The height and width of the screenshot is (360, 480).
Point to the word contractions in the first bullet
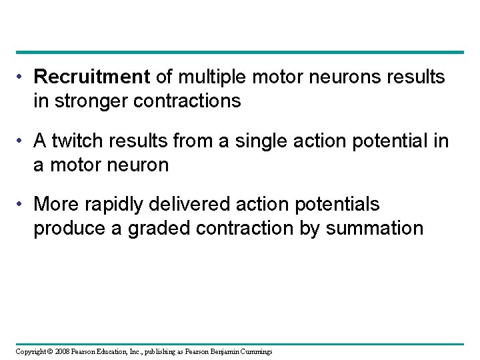tap(193, 101)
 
